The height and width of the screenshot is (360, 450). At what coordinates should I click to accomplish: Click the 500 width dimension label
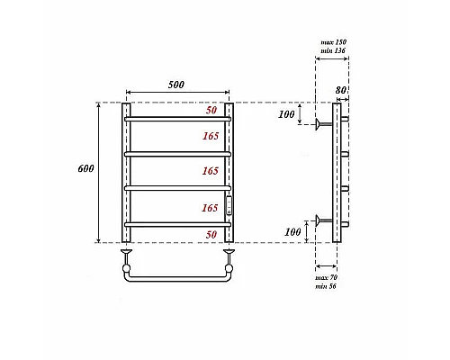point(176,85)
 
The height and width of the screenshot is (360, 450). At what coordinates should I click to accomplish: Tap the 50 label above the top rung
point(212,110)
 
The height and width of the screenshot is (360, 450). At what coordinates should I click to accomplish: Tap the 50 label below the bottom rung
point(212,234)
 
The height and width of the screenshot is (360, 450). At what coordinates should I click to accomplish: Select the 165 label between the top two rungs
point(211,136)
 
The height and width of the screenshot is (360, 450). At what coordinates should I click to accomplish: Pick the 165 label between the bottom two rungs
point(211,208)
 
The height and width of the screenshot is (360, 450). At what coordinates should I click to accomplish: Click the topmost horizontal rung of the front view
point(177,119)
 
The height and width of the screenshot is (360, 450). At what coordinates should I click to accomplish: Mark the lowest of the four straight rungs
point(177,223)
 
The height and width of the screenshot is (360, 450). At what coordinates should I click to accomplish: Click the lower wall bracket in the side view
point(321,218)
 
